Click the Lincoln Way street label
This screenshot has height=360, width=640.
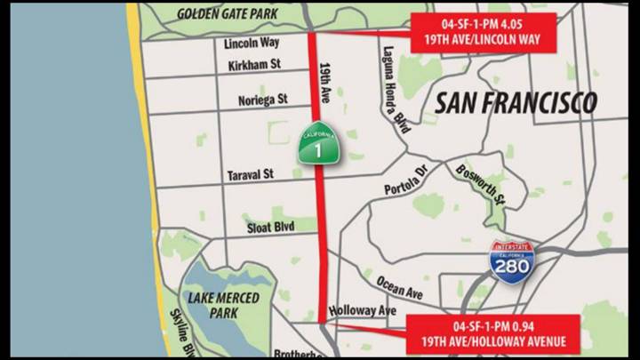tap(252, 43)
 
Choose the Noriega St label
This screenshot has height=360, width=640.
tap(263, 100)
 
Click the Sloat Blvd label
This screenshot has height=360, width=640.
tap(270, 228)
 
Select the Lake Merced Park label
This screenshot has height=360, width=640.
tap(223, 304)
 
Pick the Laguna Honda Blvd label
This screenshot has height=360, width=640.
tap(396, 89)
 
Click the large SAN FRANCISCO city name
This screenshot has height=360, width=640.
tap(516, 103)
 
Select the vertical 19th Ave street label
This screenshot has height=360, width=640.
tap(329, 76)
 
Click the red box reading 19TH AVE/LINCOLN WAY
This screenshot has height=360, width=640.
tap(484, 33)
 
